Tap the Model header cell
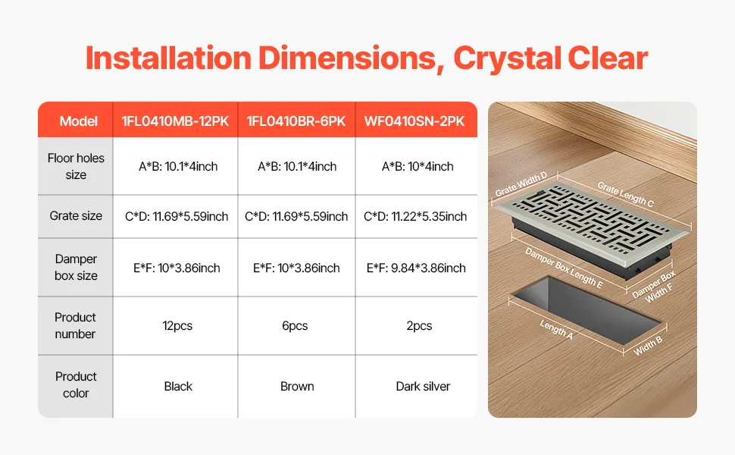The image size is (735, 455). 78,121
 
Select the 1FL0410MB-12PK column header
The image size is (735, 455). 175,121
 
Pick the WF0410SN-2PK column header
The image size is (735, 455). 414,121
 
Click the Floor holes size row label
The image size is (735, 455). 76,167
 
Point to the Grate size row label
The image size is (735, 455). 76,216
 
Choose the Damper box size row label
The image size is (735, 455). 76,268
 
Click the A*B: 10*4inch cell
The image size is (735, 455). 418,167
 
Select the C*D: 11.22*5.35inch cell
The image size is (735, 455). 415,216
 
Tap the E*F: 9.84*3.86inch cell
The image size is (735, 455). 416,268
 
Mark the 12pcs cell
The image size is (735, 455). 177,325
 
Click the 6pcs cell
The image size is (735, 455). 295,325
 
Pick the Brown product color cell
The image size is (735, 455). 297,386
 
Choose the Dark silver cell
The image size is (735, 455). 423,386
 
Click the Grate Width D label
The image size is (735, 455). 521,184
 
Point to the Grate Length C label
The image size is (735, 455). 625,193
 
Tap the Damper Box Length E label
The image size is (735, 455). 564,268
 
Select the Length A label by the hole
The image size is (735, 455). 556,329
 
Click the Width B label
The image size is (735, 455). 648,346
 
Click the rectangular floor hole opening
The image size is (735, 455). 587,309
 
